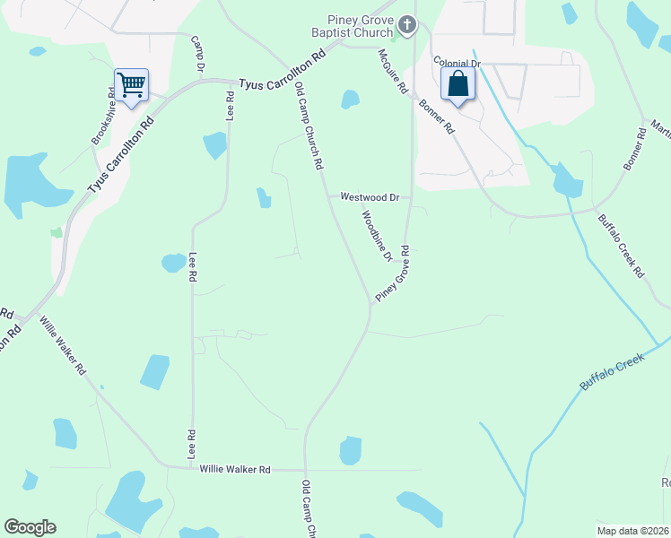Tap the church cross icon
click(407, 24)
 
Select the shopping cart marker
click(131, 86)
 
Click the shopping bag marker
click(457, 86)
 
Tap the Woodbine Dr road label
click(377, 236)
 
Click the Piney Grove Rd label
click(393, 273)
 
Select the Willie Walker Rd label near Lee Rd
click(234, 469)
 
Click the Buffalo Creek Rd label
click(622, 244)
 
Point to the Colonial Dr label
click(457, 64)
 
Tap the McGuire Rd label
click(393, 72)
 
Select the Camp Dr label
click(199, 54)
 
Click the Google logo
click(30, 527)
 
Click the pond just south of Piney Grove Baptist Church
click(350, 100)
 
